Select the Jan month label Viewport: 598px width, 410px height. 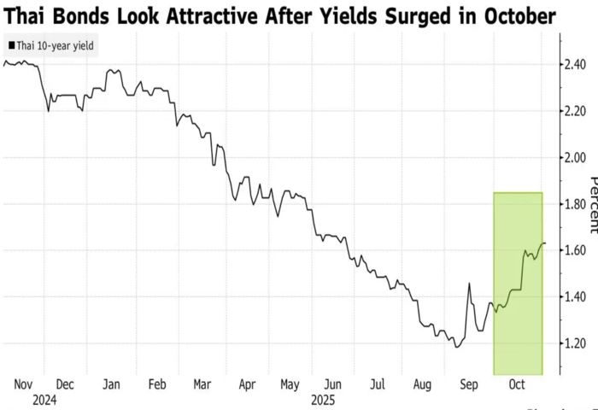[111, 384]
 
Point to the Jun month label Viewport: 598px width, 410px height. [335, 384]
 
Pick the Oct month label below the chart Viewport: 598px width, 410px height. [517, 384]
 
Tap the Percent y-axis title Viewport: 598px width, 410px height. [592, 204]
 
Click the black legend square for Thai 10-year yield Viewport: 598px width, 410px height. [10, 45]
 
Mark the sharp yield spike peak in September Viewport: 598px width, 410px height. [469, 284]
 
